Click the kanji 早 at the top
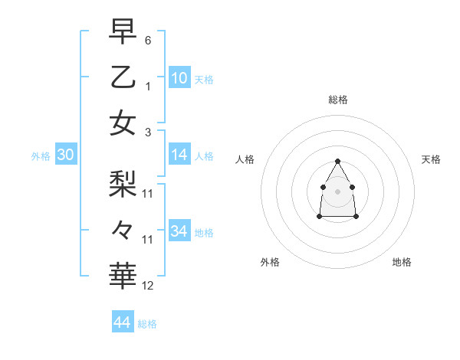[x=123, y=32]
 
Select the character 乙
[x=123, y=77]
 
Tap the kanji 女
[x=123, y=123]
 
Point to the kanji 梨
[x=123, y=182]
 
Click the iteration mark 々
[x=123, y=228]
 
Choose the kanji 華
[x=123, y=275]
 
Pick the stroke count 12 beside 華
[x=148, y=286]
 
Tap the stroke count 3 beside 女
[x=147, y=132]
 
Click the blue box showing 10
[x=179, y=77]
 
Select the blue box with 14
[x=179, y=155]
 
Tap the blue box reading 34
[x=179, y=231]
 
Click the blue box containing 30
[x=65, y=155]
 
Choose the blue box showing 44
[x=122, y=322]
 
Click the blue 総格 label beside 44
[x=147, y=324]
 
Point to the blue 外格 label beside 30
[x=41, y=156]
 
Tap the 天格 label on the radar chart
[x=431, y=159]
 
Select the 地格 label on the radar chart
[x=402, y=262]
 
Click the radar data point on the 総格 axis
[x=337, y=161]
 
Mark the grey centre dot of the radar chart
[x=337, y=191]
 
